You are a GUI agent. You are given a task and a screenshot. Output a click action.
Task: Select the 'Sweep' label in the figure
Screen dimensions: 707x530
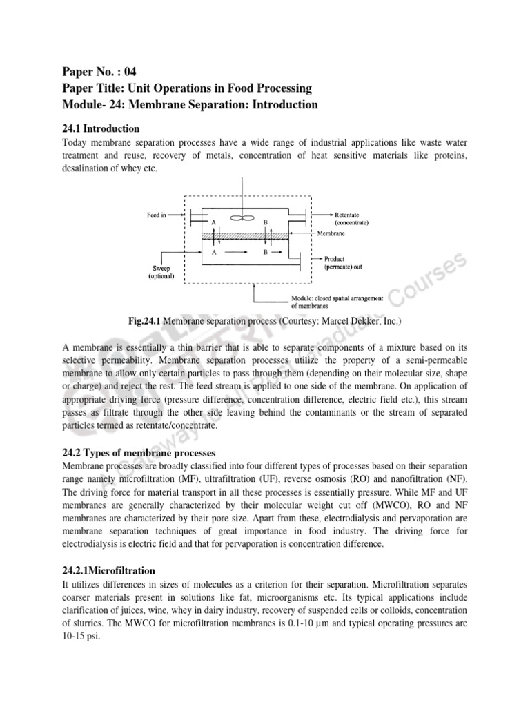click(x=160, y=268)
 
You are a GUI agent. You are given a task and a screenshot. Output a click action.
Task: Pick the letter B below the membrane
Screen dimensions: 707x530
click(x=265, y=253)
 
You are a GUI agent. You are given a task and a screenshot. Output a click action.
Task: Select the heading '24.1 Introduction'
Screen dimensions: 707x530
click(x=101, y=128)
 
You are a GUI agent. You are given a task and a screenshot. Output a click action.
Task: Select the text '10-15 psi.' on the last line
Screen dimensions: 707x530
click(x=81, y=636)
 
